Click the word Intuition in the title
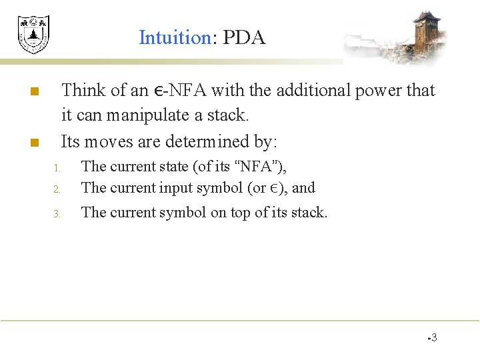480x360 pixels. [x=175, y=37]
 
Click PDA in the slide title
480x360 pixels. [x=244, y=37]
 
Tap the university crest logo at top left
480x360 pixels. [x=33, y=35]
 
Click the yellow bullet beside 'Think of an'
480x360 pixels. [x=35, y=91]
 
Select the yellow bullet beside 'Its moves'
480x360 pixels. [x=35, y=142]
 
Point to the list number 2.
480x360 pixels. [x=58, y=190]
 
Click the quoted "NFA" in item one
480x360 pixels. [x=261, y=166]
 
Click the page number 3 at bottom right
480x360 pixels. [x=434, y=337]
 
